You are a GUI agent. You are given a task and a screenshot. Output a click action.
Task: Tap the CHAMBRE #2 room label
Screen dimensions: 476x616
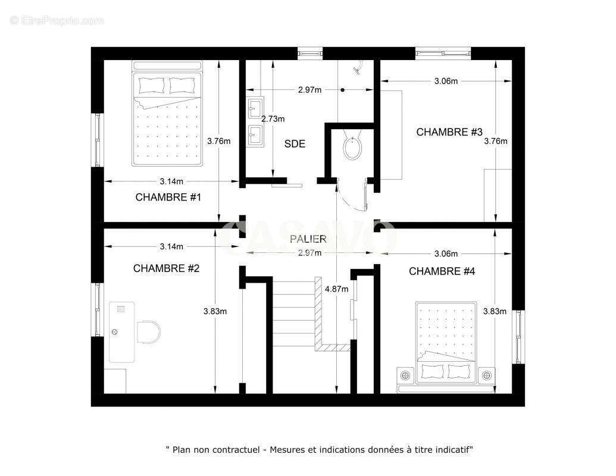[166, 268]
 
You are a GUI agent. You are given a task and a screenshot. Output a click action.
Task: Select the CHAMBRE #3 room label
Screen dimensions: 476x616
[449, 132]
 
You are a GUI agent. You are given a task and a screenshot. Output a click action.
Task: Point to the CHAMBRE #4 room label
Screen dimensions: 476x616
[442, 271]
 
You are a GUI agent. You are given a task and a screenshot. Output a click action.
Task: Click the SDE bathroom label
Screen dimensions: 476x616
[295, 144]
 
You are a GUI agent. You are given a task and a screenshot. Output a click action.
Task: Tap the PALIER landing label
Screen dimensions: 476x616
[308, 239]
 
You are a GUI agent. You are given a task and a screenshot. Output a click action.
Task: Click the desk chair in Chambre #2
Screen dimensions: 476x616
[149, 332]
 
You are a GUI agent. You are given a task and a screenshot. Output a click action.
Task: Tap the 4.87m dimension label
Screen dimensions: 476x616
[337, 290]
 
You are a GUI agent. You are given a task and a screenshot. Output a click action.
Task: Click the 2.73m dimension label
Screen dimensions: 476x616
[273, 119]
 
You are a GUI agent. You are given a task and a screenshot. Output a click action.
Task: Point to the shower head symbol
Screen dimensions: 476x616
[357, 69]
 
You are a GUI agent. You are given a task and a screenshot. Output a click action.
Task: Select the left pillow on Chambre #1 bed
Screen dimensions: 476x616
[151, 85]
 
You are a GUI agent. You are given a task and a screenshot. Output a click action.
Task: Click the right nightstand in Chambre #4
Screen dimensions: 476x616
[487, 375]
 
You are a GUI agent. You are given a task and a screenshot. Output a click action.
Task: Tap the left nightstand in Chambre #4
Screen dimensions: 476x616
[406, 375]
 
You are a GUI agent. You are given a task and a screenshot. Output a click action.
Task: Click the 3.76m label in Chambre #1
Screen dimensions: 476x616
[219, 141]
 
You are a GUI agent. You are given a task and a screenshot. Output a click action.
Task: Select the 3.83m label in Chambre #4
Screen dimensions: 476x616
[495, 311]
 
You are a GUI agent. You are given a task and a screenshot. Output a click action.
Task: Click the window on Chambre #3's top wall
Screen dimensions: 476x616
[443, 53]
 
